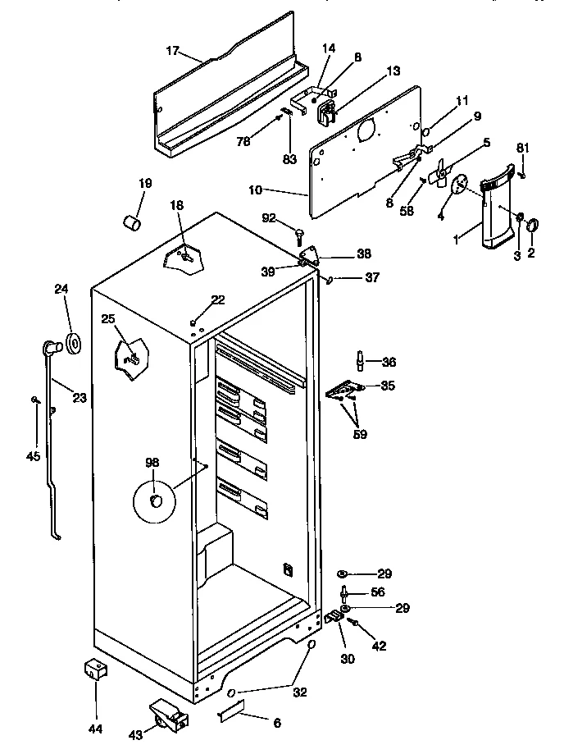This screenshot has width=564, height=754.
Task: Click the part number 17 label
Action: coord(172,51)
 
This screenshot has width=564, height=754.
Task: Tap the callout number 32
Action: coord(300,692)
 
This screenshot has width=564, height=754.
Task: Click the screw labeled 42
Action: coord(353,624)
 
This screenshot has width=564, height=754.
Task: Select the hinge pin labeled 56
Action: coord(346,592)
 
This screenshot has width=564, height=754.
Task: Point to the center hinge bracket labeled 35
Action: coord(344,390)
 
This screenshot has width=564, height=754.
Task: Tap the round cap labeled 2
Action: coord(533,223)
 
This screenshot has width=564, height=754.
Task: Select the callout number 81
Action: coord(523,147)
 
